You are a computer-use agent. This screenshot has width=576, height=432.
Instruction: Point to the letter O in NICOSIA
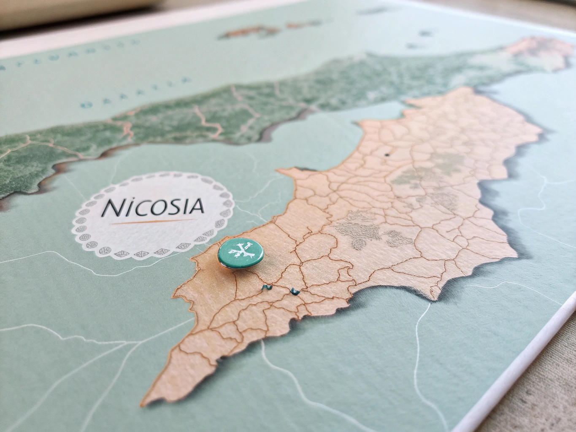(x=157, y=206)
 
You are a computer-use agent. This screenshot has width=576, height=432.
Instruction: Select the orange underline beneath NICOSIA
(x=153, y=221)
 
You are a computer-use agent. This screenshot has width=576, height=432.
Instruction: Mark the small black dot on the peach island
(x=386, y=155)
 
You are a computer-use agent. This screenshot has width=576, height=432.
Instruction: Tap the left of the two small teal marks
(x=266, y=288)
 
